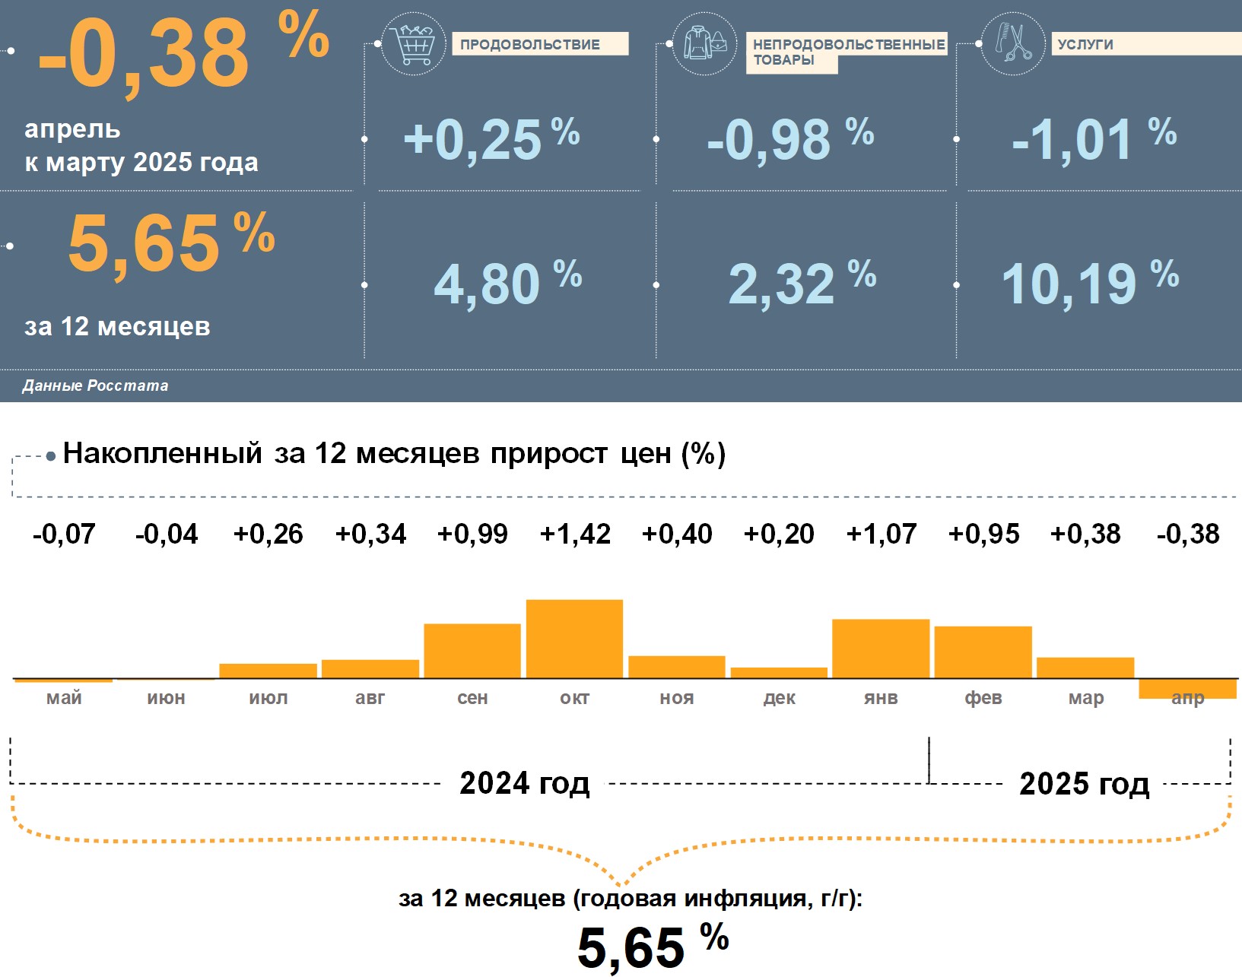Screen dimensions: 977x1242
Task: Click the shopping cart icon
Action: [413, 44]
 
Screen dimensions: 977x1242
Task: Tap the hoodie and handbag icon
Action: [704, 43]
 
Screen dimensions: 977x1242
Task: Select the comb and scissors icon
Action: [1013, 43]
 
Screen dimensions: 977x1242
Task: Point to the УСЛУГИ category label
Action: [1085, 44]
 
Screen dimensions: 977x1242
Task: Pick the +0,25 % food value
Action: [491, 140]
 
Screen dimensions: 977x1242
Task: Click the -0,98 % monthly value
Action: [789, 140]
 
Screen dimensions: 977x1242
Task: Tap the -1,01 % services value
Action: [1093, 140]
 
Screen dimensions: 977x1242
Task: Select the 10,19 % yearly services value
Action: [1089, 284]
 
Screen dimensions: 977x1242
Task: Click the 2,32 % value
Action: [802, 284]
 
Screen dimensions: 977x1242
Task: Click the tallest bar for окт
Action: [574, 639]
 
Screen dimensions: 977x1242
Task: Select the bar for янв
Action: [881, 649]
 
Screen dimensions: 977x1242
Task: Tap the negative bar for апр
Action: [1187, 687]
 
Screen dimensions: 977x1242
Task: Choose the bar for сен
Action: [472, 651]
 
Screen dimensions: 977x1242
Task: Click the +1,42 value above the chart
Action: [575, 534]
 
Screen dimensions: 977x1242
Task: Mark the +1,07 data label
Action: [881, 534]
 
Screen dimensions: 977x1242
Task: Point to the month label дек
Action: [780, 698]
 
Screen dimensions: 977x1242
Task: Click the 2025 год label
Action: [1084, 784]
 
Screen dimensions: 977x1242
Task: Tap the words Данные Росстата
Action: [95, 385]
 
